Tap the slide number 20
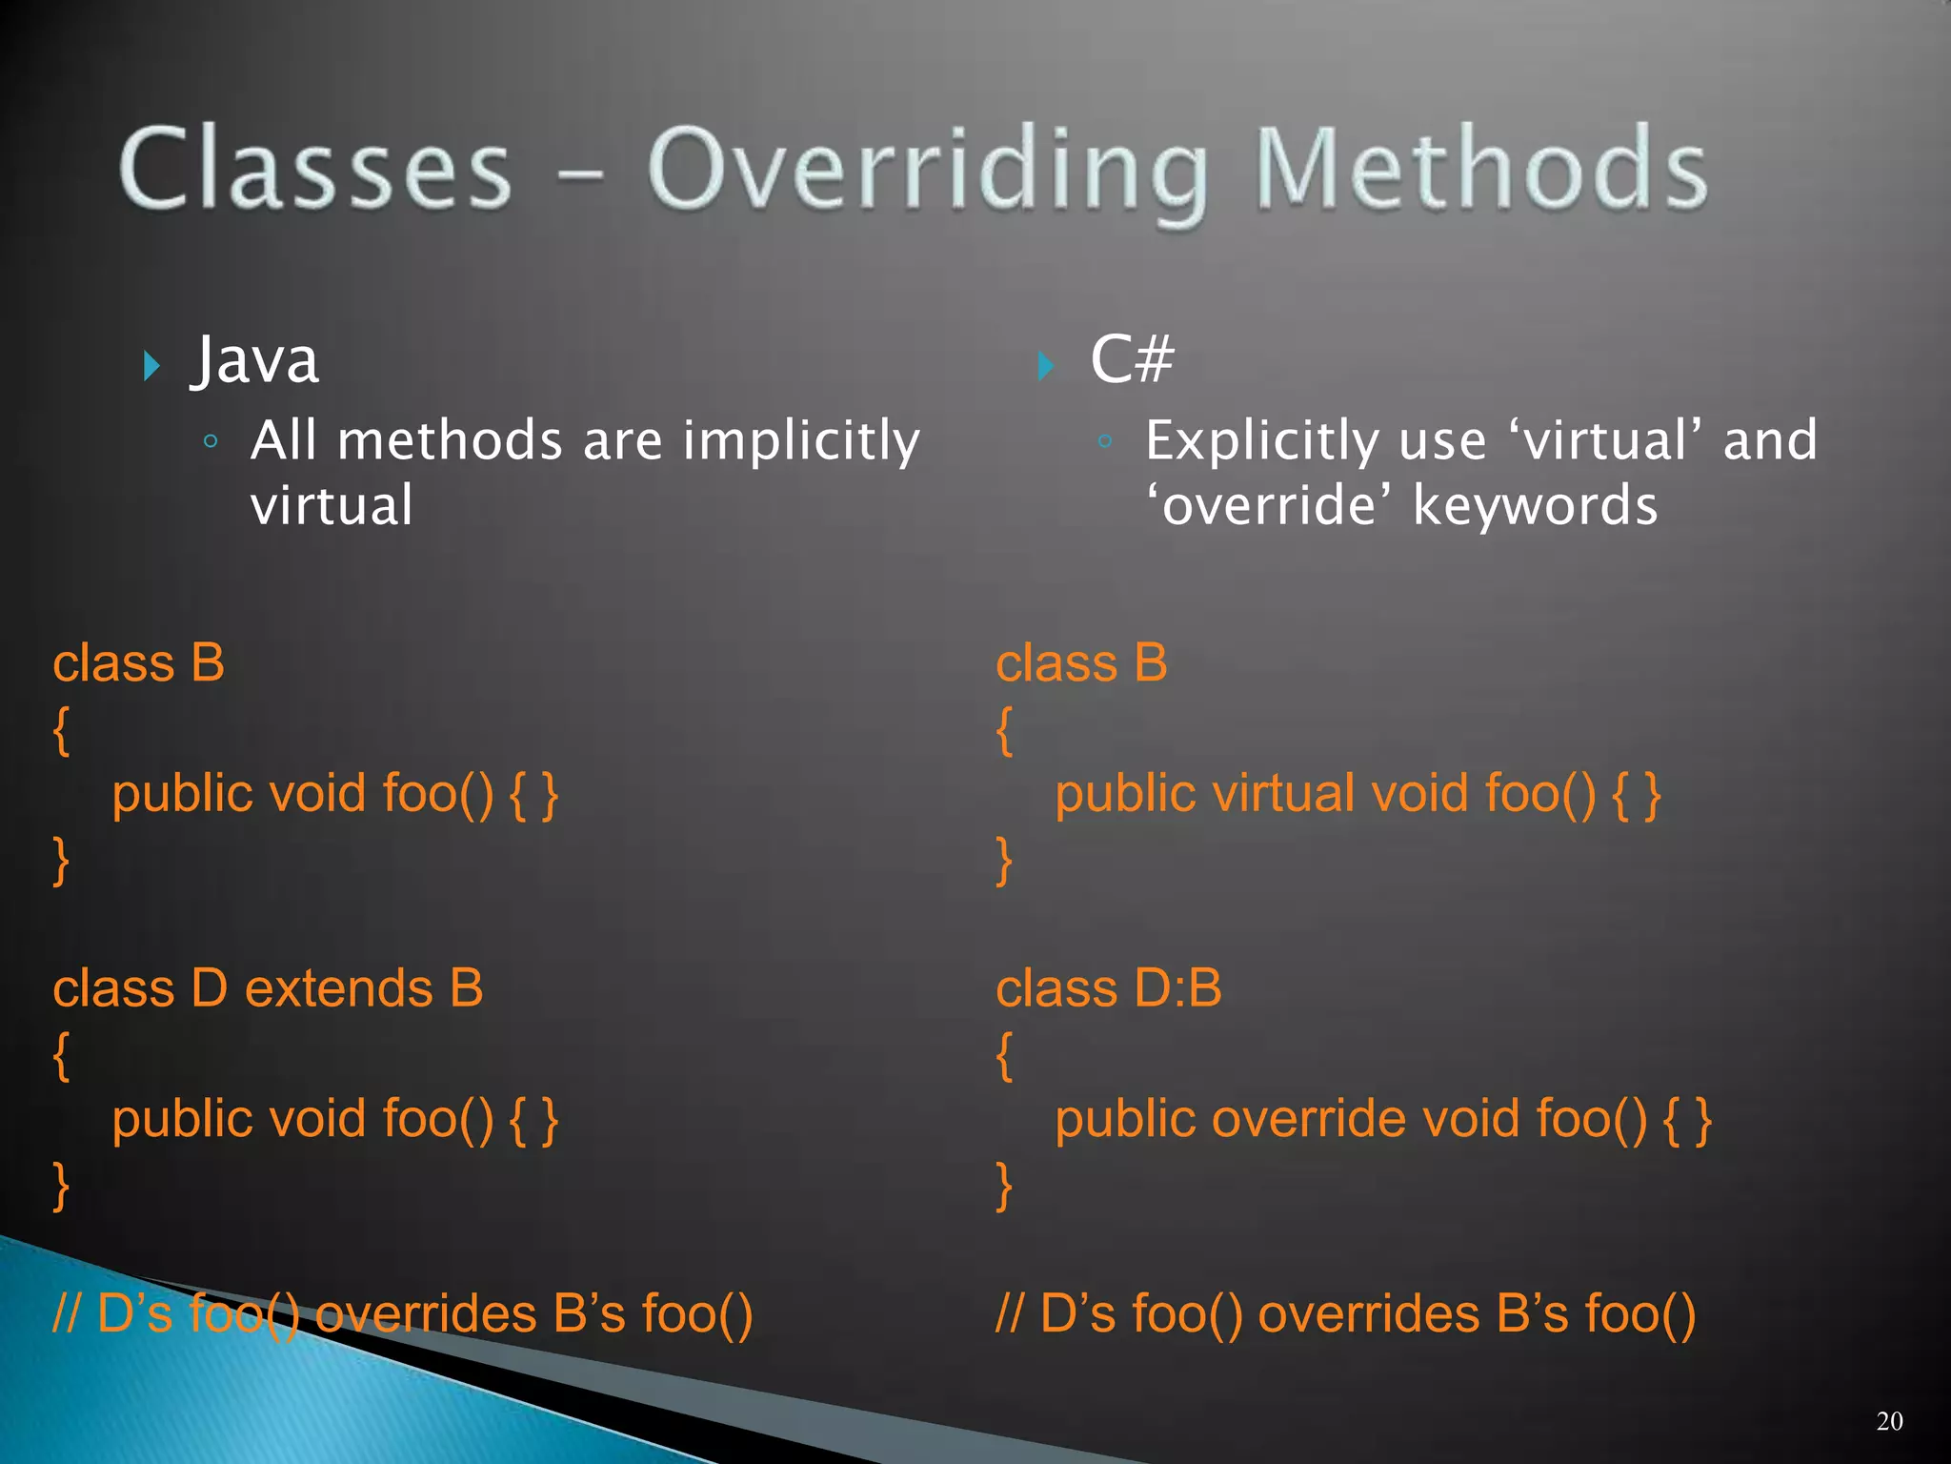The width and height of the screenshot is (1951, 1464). (1889, 1421)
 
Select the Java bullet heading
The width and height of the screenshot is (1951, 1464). (255, 360)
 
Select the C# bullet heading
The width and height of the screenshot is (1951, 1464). (1132, 360)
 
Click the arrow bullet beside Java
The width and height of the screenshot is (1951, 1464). (151, 365)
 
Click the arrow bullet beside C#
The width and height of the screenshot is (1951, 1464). (1046, 365)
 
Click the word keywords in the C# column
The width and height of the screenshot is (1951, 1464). (1535, 505)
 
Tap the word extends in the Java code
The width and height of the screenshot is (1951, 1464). (339, 988)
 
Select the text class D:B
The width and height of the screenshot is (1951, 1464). (1108, 988)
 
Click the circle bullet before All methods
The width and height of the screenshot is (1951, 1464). (211, 441)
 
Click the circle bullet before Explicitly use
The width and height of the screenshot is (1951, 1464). (1105, 441)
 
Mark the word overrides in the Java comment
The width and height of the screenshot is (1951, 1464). (426, 1313)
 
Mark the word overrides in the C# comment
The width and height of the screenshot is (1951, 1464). (1369, 1313)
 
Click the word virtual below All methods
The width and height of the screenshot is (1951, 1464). (332, 505)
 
